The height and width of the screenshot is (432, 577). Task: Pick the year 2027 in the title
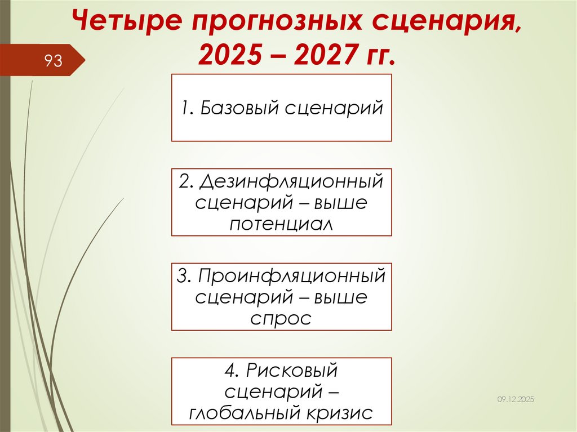coord(319,56)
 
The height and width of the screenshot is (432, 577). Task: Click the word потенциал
coord(281,223)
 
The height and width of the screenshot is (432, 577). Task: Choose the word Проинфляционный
coord(290,277)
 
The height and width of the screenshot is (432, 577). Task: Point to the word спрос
coord(281,318)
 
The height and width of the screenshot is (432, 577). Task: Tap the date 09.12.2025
coord(515,399)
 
